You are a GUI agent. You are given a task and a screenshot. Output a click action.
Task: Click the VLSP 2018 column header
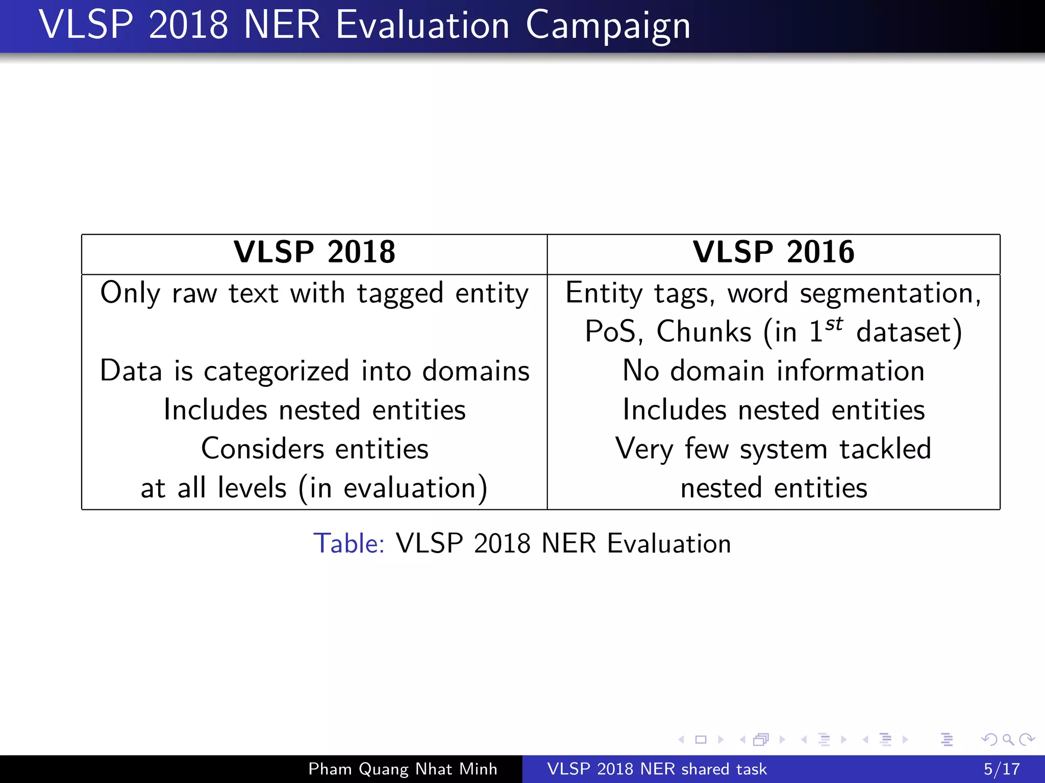[x=314, y=252]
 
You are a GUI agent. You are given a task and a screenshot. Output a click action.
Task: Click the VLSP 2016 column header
[x=773, y=252]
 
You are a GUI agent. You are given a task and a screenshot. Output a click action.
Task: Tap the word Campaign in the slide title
[x=608, y=25]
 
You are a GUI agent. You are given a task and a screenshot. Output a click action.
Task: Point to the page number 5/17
[x=1001, y=769]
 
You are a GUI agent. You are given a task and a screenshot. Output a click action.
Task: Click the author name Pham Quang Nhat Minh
[x=403, y=769]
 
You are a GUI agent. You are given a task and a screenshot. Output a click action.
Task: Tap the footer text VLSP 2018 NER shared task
[x=657, y=769]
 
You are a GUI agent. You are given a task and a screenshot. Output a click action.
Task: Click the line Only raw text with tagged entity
[x=314, y=294]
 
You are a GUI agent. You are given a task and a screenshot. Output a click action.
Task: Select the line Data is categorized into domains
[x=314, y=371]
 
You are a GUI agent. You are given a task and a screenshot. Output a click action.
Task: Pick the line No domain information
[x=773, y=371]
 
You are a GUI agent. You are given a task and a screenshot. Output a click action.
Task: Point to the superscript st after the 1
[x=834, y=324]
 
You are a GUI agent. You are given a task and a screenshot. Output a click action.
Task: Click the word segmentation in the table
[x=889, y=294]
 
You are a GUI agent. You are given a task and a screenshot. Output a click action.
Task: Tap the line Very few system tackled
[x=773, y=449]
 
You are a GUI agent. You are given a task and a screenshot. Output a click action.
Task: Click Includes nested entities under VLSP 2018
[x=314, y=410]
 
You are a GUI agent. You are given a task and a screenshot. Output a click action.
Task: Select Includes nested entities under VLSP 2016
[x=773, y=410]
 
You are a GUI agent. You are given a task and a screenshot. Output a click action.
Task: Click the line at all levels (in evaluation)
[x=314, y=488]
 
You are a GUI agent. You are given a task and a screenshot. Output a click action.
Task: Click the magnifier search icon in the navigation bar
[x=1008, y=739]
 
